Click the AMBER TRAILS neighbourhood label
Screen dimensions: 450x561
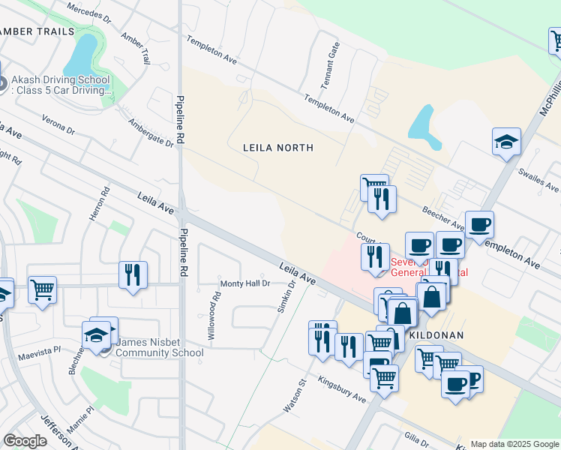click(38, 31)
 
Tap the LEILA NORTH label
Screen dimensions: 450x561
click(277, 148)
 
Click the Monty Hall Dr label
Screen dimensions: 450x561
click(244, 283)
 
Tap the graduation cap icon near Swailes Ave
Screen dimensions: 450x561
click(507, 141)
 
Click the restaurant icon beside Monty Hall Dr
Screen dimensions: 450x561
click(133, 274)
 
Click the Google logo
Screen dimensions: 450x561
click(25, 441)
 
